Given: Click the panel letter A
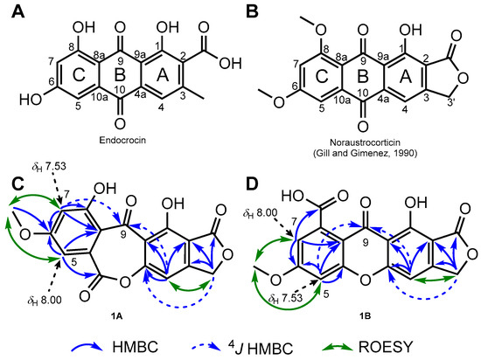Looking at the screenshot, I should [x=10, y=10].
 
